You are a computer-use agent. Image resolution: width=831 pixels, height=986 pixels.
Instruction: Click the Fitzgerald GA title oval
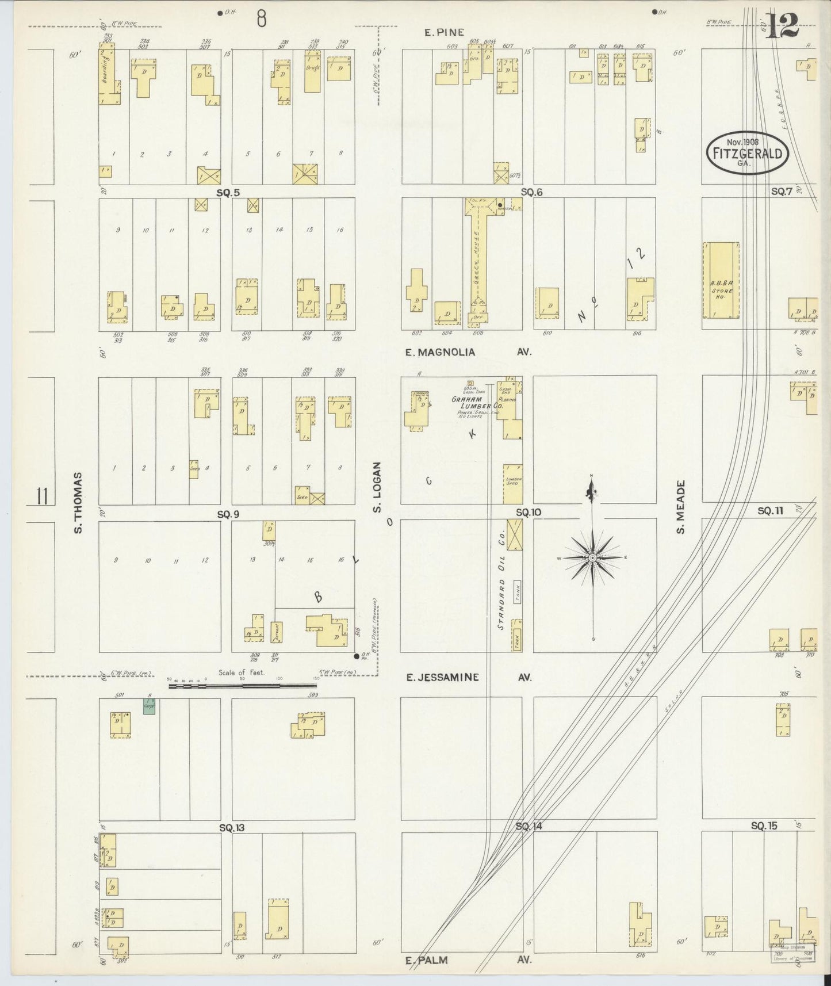747,152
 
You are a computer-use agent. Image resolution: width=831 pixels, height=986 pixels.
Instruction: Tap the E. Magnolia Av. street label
467,352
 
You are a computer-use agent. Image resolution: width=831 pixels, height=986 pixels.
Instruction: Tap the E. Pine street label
444,33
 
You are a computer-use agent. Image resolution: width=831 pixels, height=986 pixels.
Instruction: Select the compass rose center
593,558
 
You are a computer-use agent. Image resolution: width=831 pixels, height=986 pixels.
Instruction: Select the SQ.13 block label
231,828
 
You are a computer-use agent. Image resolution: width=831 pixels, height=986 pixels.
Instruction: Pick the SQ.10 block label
528,512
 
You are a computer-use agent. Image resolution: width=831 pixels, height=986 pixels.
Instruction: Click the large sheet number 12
783,26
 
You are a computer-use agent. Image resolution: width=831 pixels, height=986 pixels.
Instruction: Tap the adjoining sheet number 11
41,495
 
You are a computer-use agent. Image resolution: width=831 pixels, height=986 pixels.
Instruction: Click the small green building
149,706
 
